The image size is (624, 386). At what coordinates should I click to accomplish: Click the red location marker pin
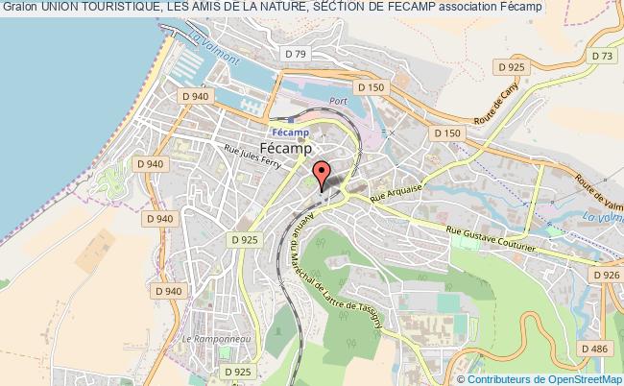323,173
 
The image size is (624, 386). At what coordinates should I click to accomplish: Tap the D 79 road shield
295,55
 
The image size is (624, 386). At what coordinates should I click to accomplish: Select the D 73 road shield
602,57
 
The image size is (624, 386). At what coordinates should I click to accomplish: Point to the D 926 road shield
606,276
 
